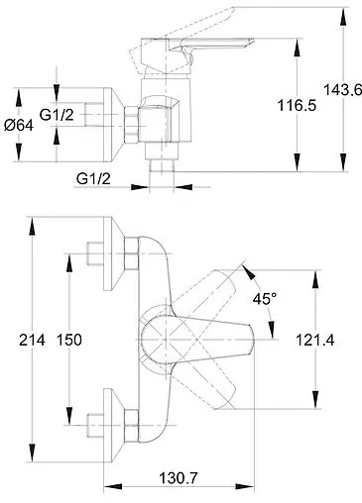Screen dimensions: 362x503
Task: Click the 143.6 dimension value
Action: pos(343,90)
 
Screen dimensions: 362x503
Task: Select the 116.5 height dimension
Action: pos(297,106)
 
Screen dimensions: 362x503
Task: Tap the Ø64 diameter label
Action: pos(19,126)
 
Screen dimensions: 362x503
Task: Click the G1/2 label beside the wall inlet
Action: pos(57,115)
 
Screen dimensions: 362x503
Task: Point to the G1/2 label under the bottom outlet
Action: pos(93,179)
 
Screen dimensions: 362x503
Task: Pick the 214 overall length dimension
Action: pos(32,340)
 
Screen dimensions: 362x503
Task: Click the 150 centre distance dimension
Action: pos(69,340)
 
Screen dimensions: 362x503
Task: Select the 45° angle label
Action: pos(265,299)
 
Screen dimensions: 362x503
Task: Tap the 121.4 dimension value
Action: pos(314,340)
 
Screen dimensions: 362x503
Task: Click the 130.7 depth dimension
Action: pos(179,478)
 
